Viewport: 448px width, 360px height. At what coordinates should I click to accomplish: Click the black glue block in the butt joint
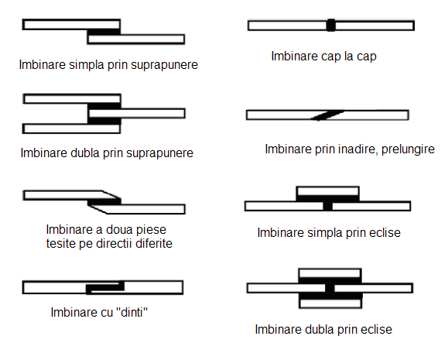(331, 26)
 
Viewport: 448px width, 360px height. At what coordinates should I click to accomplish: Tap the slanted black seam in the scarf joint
(327, 115)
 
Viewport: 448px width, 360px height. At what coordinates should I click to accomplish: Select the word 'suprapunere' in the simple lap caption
(164, 65)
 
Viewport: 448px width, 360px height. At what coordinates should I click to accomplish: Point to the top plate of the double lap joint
(72, 99)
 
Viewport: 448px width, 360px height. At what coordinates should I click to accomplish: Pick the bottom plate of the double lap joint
(71, 129)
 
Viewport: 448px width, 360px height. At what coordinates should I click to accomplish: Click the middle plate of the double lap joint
(137, 114)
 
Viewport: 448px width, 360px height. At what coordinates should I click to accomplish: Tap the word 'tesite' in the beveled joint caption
(60, 244)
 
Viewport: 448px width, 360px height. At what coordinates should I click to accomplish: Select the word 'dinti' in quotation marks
(132, 312)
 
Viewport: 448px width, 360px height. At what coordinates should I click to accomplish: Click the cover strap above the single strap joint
(328, 191)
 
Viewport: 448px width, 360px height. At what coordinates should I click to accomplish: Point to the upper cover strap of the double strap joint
(330, 273)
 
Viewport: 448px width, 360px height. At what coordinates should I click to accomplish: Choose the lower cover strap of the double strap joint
(330, 303)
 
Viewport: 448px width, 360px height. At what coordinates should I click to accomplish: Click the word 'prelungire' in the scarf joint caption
(408, 149)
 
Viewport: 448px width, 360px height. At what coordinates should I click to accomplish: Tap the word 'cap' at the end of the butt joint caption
(366, 57)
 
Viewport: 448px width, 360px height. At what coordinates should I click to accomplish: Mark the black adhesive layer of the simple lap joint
(104, 32)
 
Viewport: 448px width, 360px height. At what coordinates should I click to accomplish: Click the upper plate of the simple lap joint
(71, 24)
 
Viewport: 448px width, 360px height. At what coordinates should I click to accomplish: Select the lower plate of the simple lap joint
(136, 39)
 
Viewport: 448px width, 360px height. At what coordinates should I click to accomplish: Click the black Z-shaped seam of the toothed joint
(105, 287)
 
